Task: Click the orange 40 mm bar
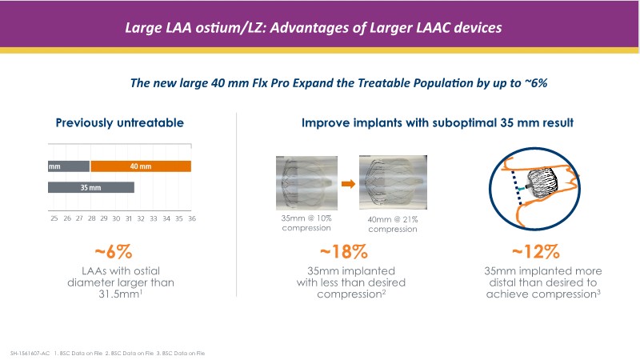[140, 166]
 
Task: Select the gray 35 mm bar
[90, 187]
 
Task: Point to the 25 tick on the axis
[54, 218]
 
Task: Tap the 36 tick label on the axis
[191, 218]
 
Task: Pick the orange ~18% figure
[343, 252]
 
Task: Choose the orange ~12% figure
[543, 252]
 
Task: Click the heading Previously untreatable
[120, 122]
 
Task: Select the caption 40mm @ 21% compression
[392, 224]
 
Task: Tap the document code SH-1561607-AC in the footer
[30, 351]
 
